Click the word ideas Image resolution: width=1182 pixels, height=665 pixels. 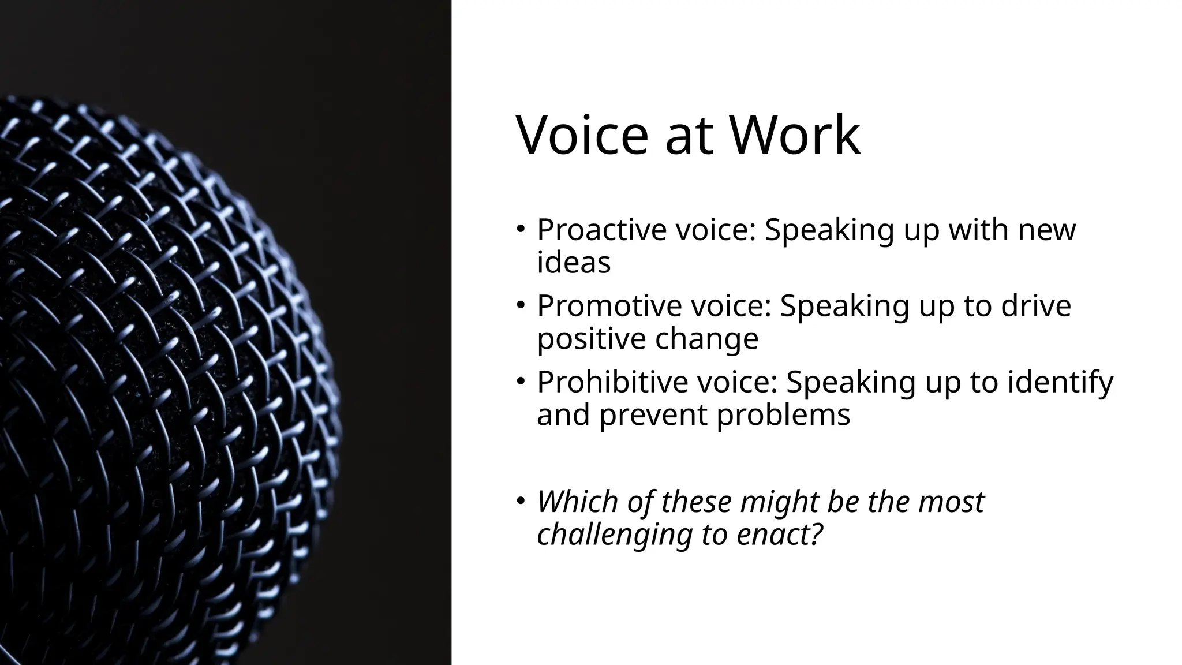[574, 263]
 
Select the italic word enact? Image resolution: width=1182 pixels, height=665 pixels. [779, 534]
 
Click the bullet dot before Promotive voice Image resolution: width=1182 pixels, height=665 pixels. [521, 304]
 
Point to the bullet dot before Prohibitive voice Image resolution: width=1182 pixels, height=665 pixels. [521, 380]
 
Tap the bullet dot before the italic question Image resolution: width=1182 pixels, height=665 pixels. [521, 499]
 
